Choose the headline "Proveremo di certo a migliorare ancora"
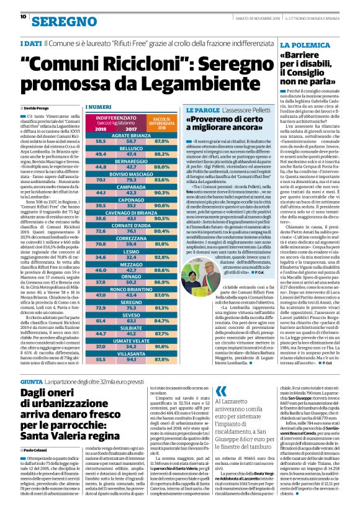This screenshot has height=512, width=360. (223, 122)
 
